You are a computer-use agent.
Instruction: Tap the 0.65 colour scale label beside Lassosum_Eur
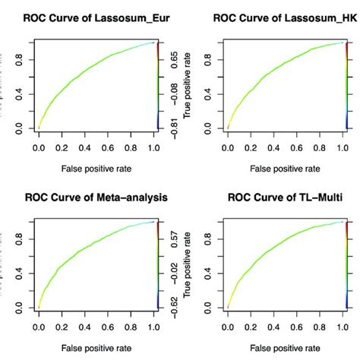point(174,58)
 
